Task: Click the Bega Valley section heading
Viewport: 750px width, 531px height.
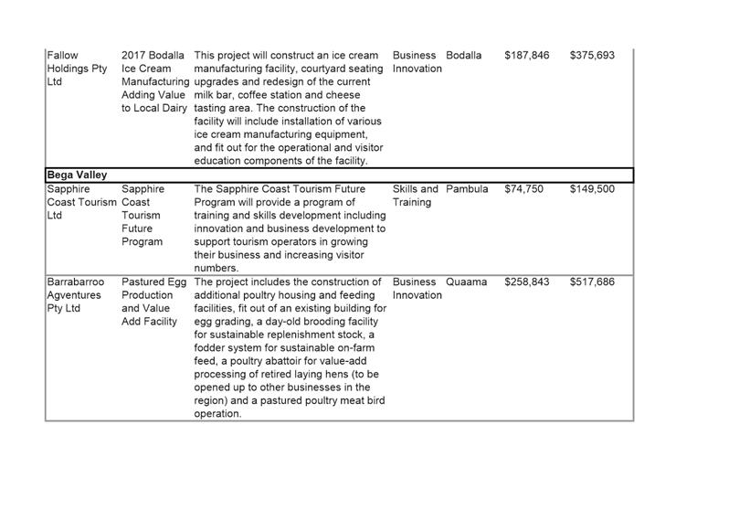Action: coord(77,175)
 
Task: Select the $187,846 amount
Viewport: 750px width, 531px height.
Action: coord(527,56)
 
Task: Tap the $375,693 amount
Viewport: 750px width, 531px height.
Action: coord(592,56)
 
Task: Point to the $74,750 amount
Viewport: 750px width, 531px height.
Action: coord(523,189)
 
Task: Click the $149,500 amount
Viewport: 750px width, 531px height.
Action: coord(592,189)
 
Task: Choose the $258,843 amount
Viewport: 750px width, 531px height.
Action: coord(527,282)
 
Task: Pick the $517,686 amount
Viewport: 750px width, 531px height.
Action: coord(592,282)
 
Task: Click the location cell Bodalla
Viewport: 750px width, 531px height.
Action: coord(463,56)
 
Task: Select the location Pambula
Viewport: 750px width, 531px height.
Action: coord(467,189)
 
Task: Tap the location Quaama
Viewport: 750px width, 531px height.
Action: coord(466,282)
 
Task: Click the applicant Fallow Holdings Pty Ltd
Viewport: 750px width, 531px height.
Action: coord(77,69)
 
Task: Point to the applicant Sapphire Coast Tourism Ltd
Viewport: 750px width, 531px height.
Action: coord(81,202)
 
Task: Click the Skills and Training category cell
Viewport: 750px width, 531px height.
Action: coord(416,196)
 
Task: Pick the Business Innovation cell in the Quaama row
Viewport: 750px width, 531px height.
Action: coord(417,289)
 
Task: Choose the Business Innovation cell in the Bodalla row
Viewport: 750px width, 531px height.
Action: coord(417,62)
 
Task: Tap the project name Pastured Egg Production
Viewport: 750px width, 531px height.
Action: coord(153,289)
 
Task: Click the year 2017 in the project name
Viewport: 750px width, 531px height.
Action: coord(135,56)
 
